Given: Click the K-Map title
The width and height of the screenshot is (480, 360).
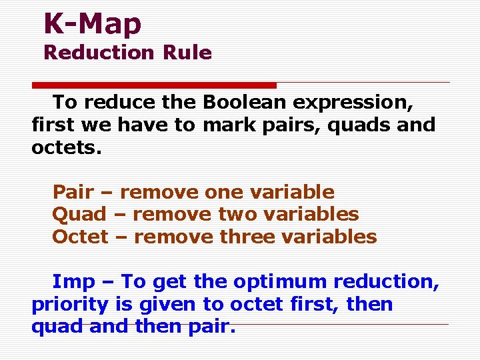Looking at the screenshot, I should coord(93,24).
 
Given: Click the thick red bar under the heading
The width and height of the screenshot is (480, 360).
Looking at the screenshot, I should coord(155,85).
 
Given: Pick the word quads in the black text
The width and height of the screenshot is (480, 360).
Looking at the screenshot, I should coord(344,125).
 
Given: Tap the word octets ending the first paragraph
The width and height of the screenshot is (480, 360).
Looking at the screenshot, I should coord(67,147).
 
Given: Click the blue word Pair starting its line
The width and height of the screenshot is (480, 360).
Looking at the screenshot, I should coord(73,192).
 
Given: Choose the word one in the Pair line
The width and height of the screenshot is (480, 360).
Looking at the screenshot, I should coord(225,192).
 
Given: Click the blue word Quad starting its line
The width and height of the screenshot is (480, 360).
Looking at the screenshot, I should coord(79,214).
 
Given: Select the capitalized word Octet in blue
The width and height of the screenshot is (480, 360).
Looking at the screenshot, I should coord(80,237).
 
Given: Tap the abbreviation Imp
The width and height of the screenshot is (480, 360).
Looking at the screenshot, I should coord(73,282).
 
